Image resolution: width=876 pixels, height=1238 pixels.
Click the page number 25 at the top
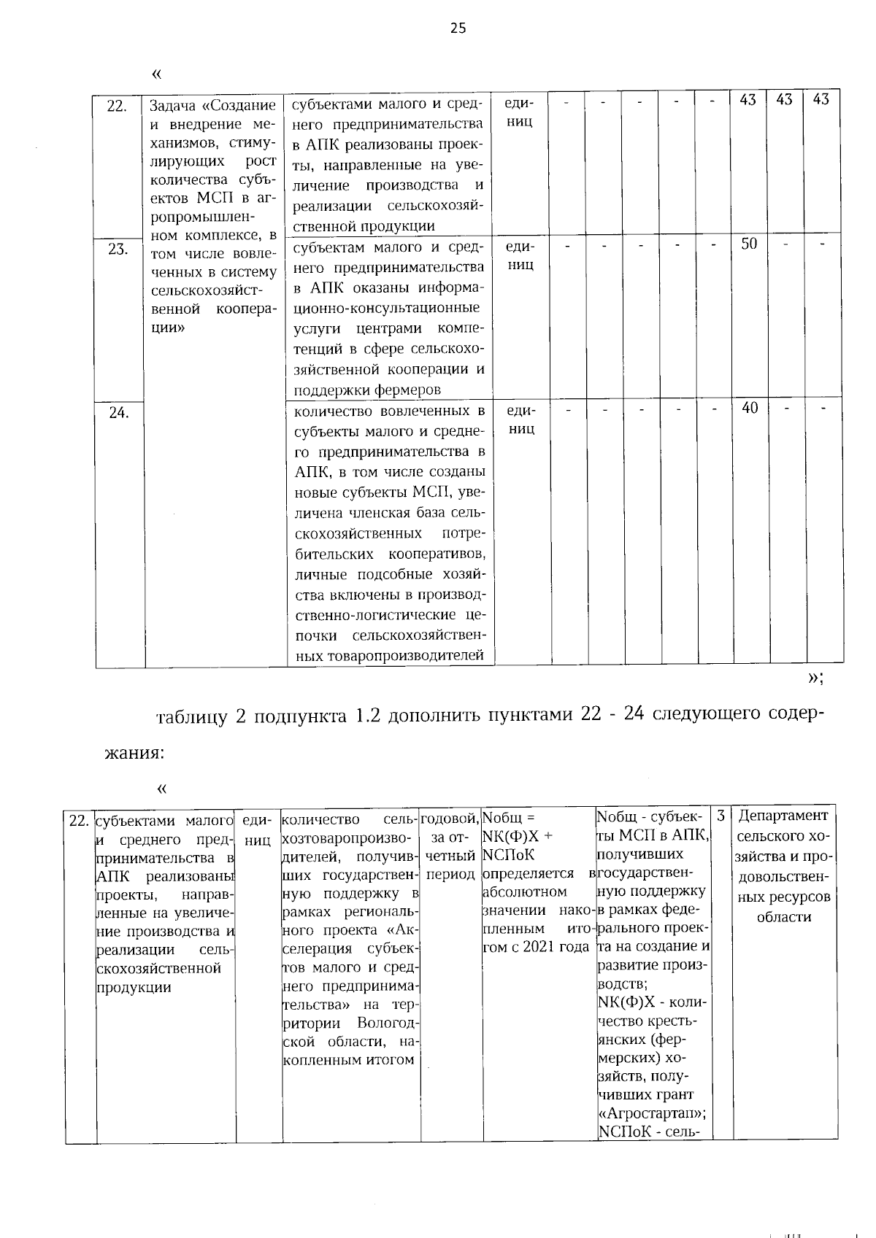[x=458, y=28]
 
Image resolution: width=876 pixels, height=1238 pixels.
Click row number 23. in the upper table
[x=118, y=249]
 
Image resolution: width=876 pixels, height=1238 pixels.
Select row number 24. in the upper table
[x=118, y=414]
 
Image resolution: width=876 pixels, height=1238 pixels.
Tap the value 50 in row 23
[x=749, y=244]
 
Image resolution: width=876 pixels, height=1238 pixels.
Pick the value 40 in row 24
[x=749, y=409]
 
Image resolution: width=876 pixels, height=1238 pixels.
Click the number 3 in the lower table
[x=721, y=816]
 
